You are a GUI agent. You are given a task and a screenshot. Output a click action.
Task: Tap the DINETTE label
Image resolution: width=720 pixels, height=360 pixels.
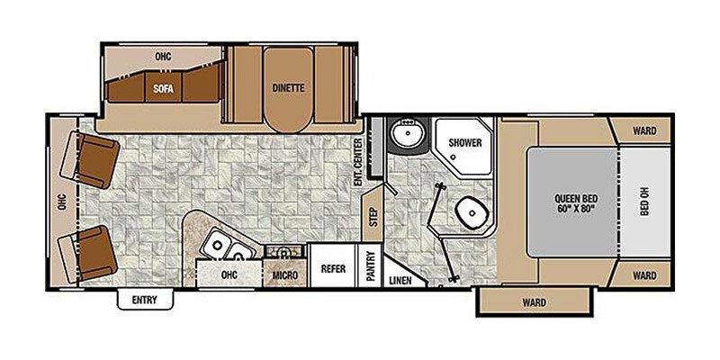click(289, 88)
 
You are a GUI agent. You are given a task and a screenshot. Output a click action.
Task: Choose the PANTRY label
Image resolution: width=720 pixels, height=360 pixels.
click(371, 267)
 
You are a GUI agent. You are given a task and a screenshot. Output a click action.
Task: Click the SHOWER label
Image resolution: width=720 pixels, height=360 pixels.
click(464, 143)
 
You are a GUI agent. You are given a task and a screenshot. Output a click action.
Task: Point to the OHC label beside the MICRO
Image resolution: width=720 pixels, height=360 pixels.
click(229, 274)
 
